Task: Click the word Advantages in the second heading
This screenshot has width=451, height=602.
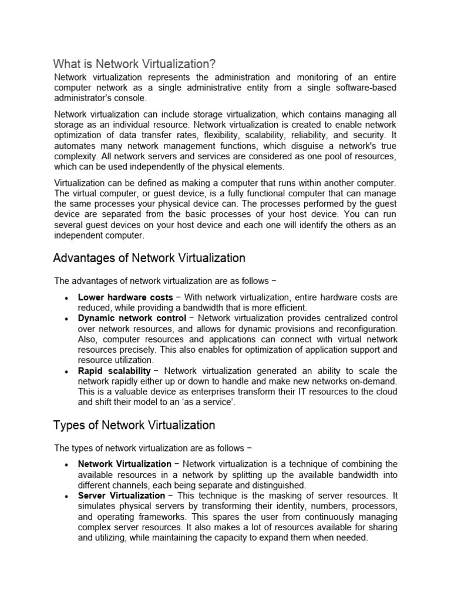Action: (x=80, y=258)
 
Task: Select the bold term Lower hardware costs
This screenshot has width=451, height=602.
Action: (x=125, y=297)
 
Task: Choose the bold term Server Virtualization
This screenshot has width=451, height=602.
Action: (x=122, y=496)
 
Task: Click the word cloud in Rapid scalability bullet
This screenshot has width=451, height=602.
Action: (x=385, y=392)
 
